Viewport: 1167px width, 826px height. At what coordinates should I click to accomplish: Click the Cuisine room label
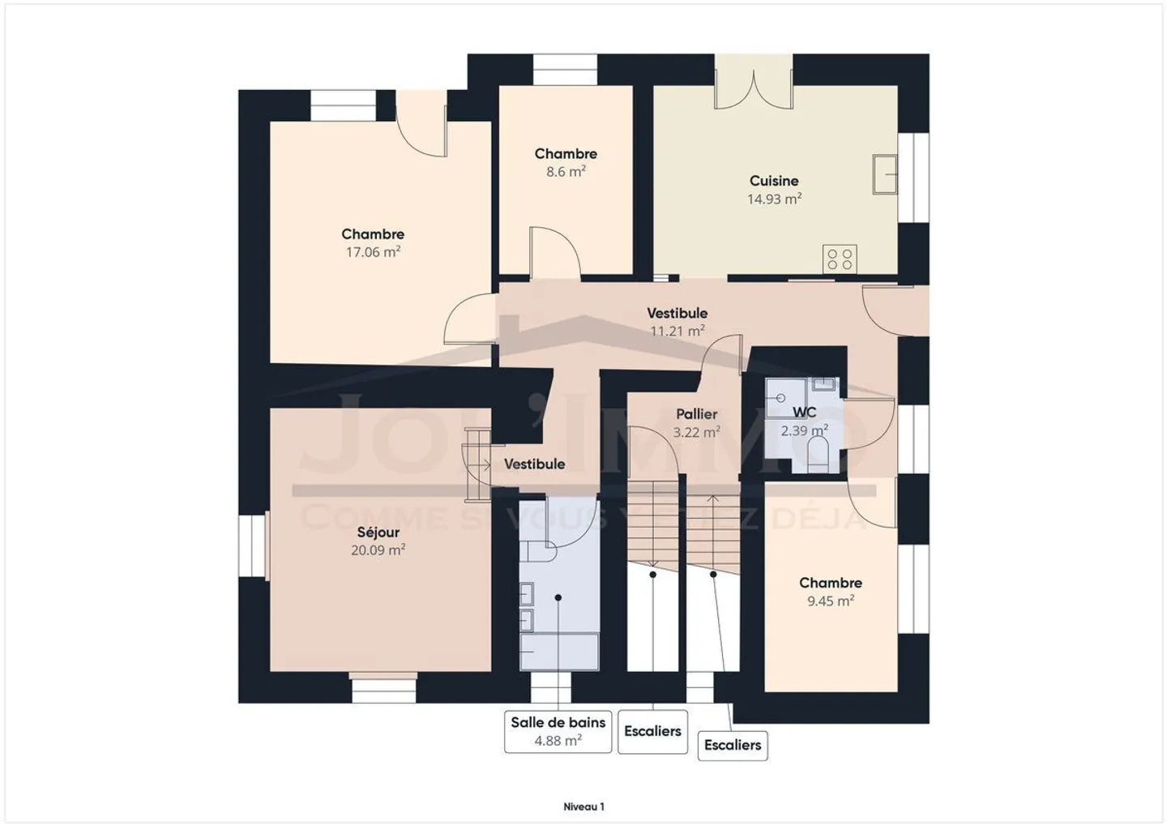(x=773, y=181)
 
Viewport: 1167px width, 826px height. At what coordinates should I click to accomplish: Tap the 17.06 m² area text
(x=373, y=252)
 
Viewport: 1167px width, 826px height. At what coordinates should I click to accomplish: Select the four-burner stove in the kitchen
(x=840, y=259)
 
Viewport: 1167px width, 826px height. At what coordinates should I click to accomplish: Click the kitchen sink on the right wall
(x=884, y=174)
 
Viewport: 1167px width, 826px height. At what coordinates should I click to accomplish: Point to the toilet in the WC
(x=817, y=455)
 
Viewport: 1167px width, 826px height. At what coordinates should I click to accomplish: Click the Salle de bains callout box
(x=558, y=730)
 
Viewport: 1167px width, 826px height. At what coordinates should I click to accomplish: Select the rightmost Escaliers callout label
(x=732, y=745)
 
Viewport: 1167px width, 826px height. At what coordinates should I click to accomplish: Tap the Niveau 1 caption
(x=583, y=807)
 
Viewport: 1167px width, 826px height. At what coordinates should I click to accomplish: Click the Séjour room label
(x=378, y=533)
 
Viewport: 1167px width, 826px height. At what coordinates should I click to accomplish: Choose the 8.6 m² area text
(x=566, y=172)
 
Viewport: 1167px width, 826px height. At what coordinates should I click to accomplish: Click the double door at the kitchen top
(x=753, y=88)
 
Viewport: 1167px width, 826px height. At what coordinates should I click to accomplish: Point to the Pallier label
(x=696, y=414)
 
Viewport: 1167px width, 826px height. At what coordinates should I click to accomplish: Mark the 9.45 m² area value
(x=830, y=601)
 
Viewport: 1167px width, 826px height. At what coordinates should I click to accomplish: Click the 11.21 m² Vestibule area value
(x=677, y=331)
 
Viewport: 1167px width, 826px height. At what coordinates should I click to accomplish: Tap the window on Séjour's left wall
(x=253, y=547)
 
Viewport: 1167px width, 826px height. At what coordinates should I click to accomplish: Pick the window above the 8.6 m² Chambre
(x=564, y=70)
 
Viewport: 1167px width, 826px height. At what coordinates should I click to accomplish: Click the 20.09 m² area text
(x=378, y=550)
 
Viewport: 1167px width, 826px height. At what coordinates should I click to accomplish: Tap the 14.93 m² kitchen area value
(x=774, y=199)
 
